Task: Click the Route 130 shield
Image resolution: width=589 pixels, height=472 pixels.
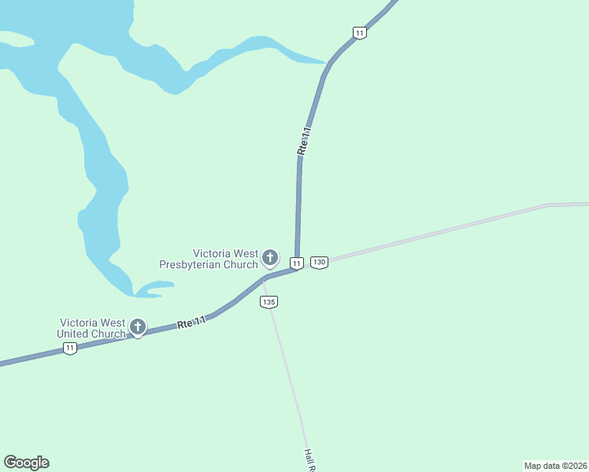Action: [318, 262]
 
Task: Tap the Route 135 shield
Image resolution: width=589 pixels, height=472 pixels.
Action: [269, 302]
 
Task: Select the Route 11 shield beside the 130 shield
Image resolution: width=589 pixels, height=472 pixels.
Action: [296, 263]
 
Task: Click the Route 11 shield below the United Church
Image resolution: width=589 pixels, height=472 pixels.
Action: [70, 348]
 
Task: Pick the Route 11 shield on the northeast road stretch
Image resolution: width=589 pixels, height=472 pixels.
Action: [359, 32]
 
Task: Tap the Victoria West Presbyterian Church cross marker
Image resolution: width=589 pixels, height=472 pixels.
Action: [269, 256]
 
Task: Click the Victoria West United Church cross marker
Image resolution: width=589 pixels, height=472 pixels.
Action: [138, 326]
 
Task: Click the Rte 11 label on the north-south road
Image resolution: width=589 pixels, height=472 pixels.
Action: [304, 140]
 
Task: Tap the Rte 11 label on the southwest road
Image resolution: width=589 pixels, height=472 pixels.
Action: [191, 322]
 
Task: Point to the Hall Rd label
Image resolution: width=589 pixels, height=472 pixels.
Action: [309, 460]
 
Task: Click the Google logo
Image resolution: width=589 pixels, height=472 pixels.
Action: [26, 463]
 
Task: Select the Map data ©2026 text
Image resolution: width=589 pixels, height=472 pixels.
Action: [555, 466]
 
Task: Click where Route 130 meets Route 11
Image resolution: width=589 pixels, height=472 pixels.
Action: [300, 267]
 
